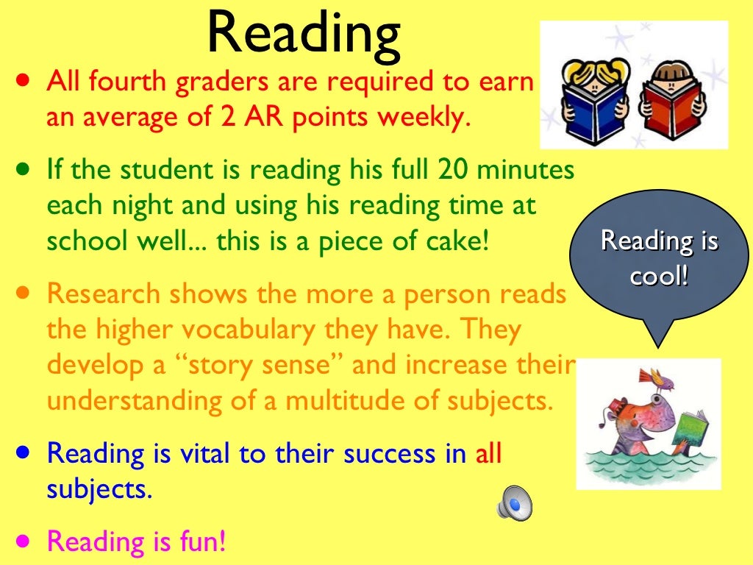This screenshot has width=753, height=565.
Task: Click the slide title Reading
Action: pyautogui.click(x=304, y=33)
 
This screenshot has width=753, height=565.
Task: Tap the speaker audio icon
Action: pyautogui.click(x=514, y=504)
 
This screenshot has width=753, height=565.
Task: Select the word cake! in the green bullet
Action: pyautogui.click(x=459, y=241)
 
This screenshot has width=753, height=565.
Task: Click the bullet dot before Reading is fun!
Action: pyautogui.click(x=25, y=540)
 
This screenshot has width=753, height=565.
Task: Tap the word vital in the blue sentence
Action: pyautogui.click(x=188, y=454)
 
